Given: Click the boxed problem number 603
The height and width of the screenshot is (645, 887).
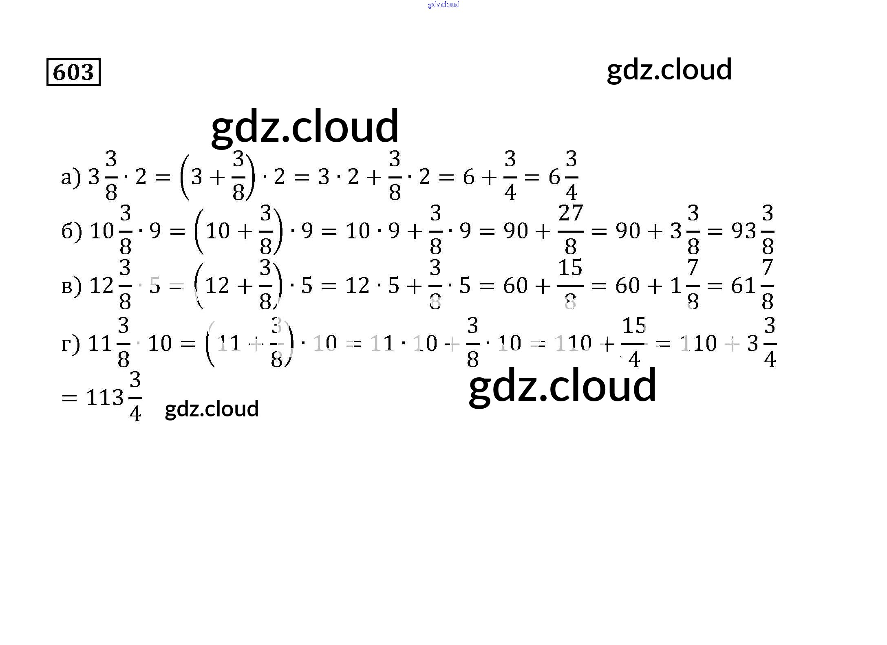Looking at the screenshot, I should point(73,72).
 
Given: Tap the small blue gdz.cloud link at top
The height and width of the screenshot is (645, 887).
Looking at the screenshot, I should point(443,4).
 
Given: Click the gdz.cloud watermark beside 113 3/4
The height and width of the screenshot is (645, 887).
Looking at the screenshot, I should point(212,409).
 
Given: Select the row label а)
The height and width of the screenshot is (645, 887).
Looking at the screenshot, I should point(71,178).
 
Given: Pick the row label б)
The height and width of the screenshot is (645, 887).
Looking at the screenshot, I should point(71,231).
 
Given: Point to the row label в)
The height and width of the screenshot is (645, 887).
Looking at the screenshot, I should point(71,286).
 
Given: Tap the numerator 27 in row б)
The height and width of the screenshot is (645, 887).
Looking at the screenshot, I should point(571,213).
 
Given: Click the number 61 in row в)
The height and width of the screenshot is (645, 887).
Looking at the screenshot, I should point(744,286).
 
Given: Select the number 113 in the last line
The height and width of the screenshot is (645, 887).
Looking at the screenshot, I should point(105,398).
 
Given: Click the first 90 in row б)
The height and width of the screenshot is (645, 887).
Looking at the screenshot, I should point(516,231).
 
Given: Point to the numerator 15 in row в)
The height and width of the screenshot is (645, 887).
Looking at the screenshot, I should point(570,268).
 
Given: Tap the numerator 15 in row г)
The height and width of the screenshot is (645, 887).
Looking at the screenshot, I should point(634,326).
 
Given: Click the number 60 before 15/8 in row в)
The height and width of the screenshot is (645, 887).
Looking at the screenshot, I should point(516,286).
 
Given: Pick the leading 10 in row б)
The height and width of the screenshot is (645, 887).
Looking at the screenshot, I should point(102,231).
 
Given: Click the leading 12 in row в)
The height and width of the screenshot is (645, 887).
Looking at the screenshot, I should point(101,286).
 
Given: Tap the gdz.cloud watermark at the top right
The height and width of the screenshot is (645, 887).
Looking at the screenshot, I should point(669,70).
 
